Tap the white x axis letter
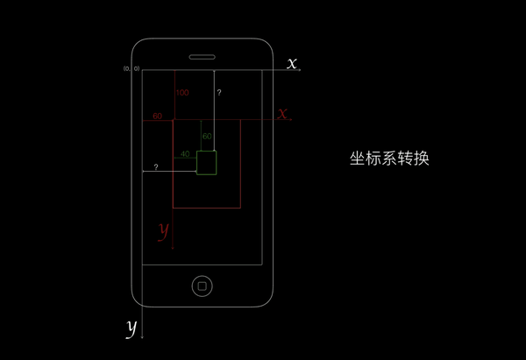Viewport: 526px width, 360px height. tap(292, 63)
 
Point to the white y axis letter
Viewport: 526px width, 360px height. tap(131, 328)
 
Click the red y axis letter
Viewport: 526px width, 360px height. tap(163, 230)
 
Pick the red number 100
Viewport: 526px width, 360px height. tap(182, 92)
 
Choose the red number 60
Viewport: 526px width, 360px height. tap(157, 116)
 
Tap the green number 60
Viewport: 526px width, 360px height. tap(207, 137)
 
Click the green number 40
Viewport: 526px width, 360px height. tap(185, 154)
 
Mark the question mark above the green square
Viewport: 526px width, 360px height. tap(219, 92)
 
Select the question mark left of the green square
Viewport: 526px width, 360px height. tap(156, 166)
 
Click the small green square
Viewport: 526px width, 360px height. tap(206, 162)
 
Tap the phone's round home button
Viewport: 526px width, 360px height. tap(203, 286)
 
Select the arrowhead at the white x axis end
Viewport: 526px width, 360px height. tap(300, 70)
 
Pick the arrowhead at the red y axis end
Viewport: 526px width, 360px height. tap(173, 250)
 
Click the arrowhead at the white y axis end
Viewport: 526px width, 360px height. tap(142, 336)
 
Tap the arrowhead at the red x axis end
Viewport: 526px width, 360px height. tap(290, 120)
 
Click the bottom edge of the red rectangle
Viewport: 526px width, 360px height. tap(207, 208)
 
